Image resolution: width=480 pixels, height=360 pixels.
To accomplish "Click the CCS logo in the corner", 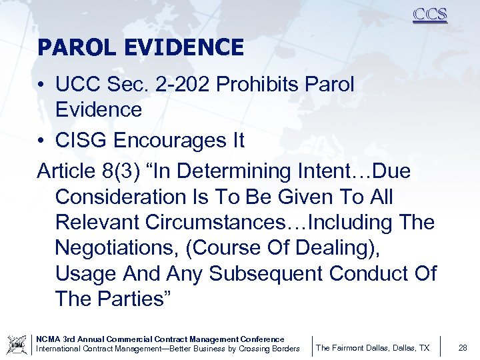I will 430,15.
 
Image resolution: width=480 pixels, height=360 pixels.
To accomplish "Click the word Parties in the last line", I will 134,299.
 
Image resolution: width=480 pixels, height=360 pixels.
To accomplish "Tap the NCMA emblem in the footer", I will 15,345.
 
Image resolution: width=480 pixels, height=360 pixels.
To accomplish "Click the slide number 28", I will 463,347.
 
